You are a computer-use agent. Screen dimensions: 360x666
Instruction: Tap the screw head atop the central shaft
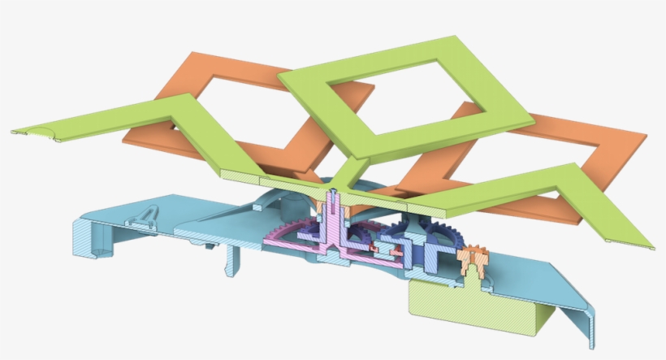tap(334, 194)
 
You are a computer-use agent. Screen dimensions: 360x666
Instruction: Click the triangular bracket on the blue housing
tap(145, 215)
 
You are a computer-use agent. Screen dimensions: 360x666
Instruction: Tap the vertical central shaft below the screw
tap(334, 228)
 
